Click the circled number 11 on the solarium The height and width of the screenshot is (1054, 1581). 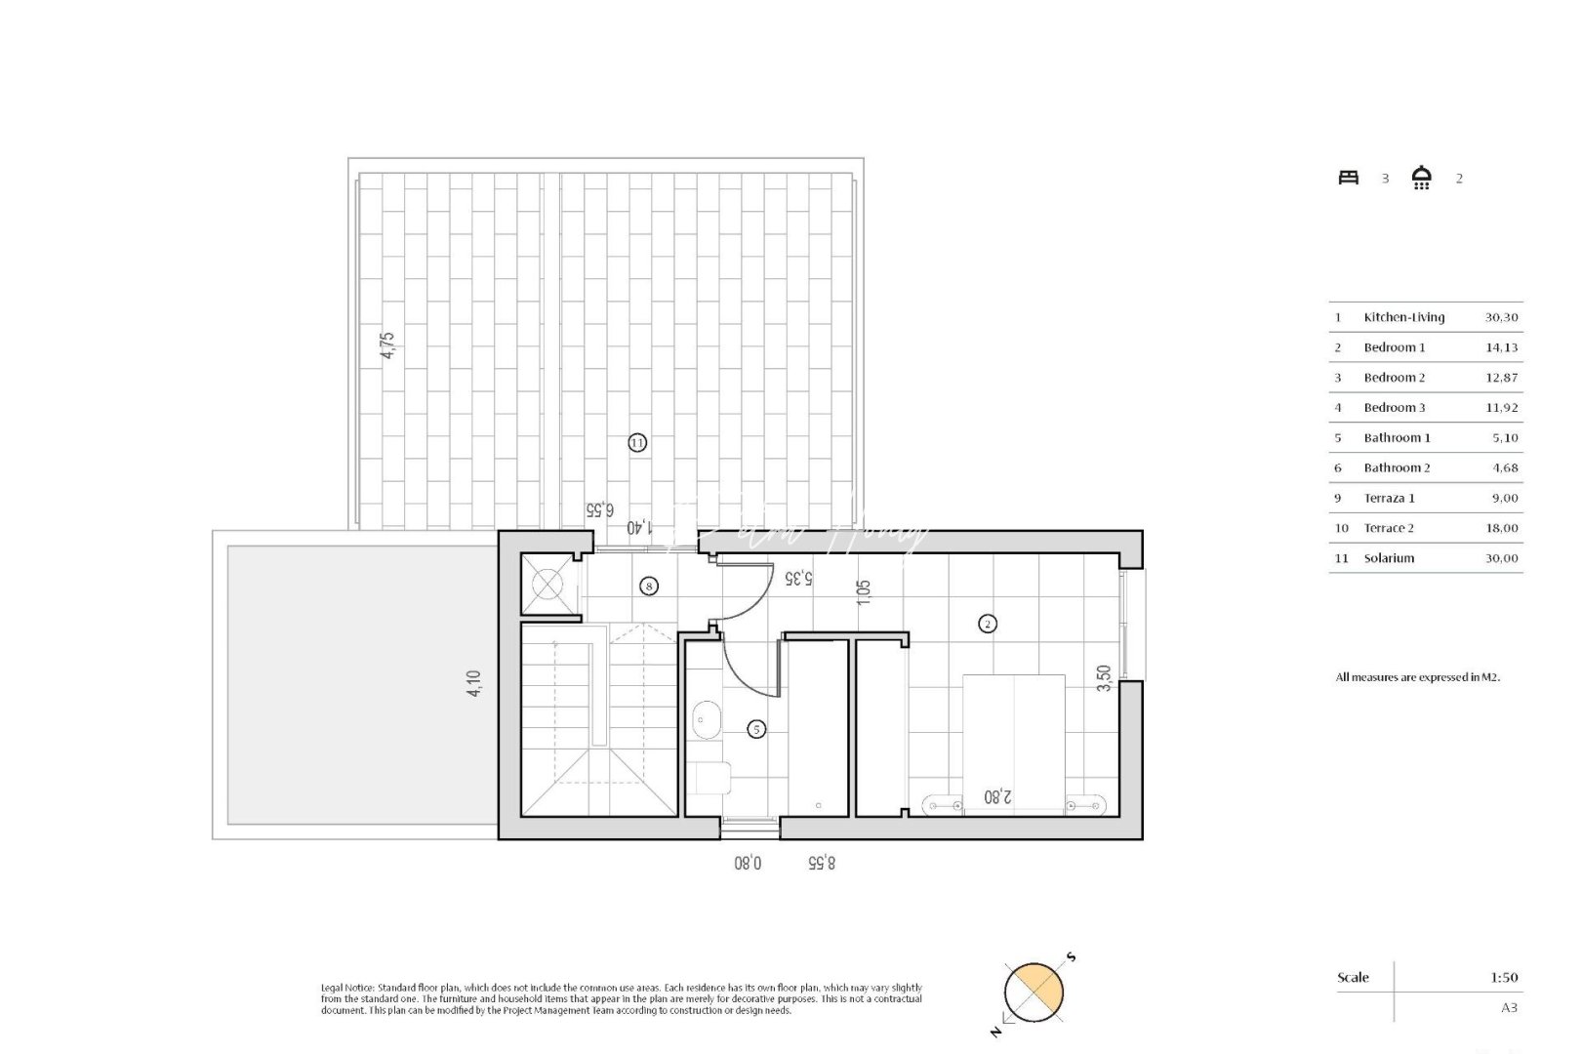(x=637, y=443)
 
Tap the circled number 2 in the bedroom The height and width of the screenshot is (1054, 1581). (x=988, y=624)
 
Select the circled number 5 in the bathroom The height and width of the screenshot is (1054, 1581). (x=755, y=728)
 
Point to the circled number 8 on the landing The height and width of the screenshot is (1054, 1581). (x=649, y=587)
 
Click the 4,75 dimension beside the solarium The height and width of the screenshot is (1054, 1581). (x=387, y=346)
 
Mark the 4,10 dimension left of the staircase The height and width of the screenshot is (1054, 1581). (x=474, y=682)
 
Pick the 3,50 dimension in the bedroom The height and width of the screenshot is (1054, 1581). (x=1104, y=678)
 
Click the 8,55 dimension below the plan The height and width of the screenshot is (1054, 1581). (x=822, y=863)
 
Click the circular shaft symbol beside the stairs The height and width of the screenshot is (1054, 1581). (x=547, y=585)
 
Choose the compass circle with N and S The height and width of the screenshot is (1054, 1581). (x=1034, y=992)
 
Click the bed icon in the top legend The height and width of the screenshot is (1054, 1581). (x=1349, y=178)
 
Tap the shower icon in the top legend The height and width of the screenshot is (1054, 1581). (x=1421, y=178)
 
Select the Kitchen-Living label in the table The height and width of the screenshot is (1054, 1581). (x=1403, y=317)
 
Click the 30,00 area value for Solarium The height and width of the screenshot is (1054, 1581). (x=1502, y=558)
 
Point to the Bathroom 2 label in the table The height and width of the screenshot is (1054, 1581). (x=1397, y=468)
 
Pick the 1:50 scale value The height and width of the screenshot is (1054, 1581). (x=1505, y=977)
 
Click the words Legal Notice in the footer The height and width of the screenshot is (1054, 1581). (x=347, y=989)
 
